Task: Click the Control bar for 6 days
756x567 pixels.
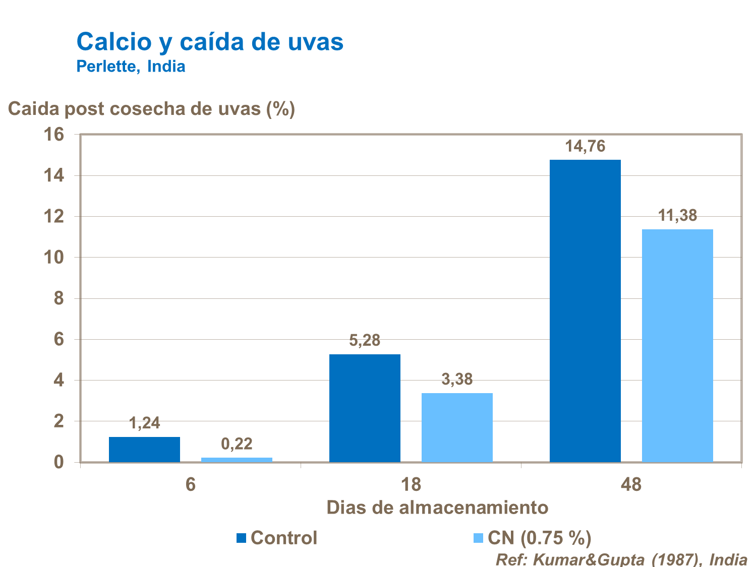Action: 144,450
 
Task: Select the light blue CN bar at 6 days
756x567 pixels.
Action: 237,460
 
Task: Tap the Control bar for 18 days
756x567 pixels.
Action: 365,408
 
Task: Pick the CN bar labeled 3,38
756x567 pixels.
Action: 457,427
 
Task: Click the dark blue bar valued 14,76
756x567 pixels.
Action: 585,310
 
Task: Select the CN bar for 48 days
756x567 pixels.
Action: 677,346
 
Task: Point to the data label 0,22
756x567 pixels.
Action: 237,444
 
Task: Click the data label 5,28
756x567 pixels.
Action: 365,341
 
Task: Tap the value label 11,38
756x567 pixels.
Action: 677,216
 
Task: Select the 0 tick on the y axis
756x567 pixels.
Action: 59,462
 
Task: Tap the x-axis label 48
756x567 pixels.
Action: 631,485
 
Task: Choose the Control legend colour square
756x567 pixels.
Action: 241,538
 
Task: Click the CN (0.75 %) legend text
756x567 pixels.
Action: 539,538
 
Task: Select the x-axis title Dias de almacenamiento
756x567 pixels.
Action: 437,507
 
